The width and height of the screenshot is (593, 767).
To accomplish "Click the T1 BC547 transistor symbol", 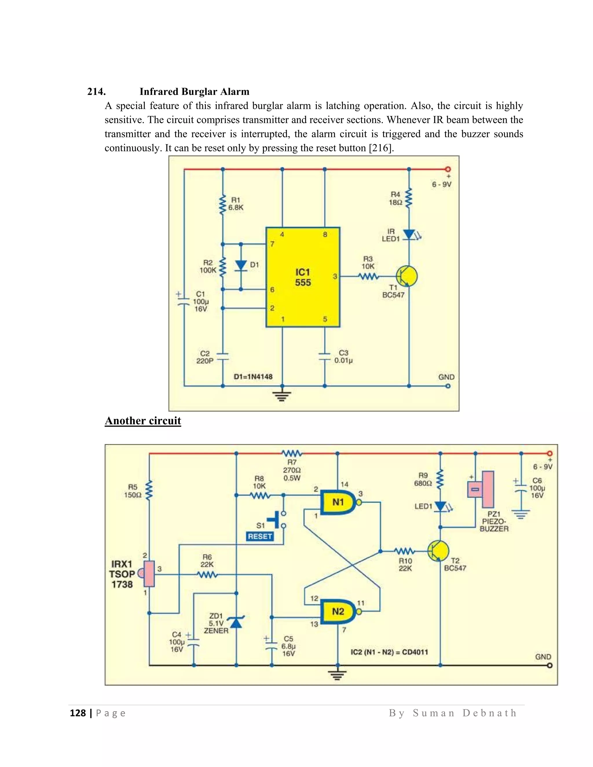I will (407, 276).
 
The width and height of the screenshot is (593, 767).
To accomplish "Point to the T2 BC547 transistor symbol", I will (438, 551).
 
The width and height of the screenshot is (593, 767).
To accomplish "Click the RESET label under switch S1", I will (260, 536).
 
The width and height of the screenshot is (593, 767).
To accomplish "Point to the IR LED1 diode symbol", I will (409, 234).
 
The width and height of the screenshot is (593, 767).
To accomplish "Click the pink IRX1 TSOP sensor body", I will (149, 574).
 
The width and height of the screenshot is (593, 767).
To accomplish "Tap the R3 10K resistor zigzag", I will (368, 277).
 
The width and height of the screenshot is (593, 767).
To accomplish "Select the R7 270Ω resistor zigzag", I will (292, 453).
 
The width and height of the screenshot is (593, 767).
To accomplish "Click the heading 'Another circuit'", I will (143, 421).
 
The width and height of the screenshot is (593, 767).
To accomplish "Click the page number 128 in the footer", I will (78, 713).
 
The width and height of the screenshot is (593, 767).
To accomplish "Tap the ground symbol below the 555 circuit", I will (282, 396).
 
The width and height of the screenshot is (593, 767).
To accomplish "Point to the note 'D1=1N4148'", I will (253, 377).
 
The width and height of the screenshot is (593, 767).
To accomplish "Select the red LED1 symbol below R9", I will (440, 507).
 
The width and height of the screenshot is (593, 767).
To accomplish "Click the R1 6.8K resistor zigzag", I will (222, 205).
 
